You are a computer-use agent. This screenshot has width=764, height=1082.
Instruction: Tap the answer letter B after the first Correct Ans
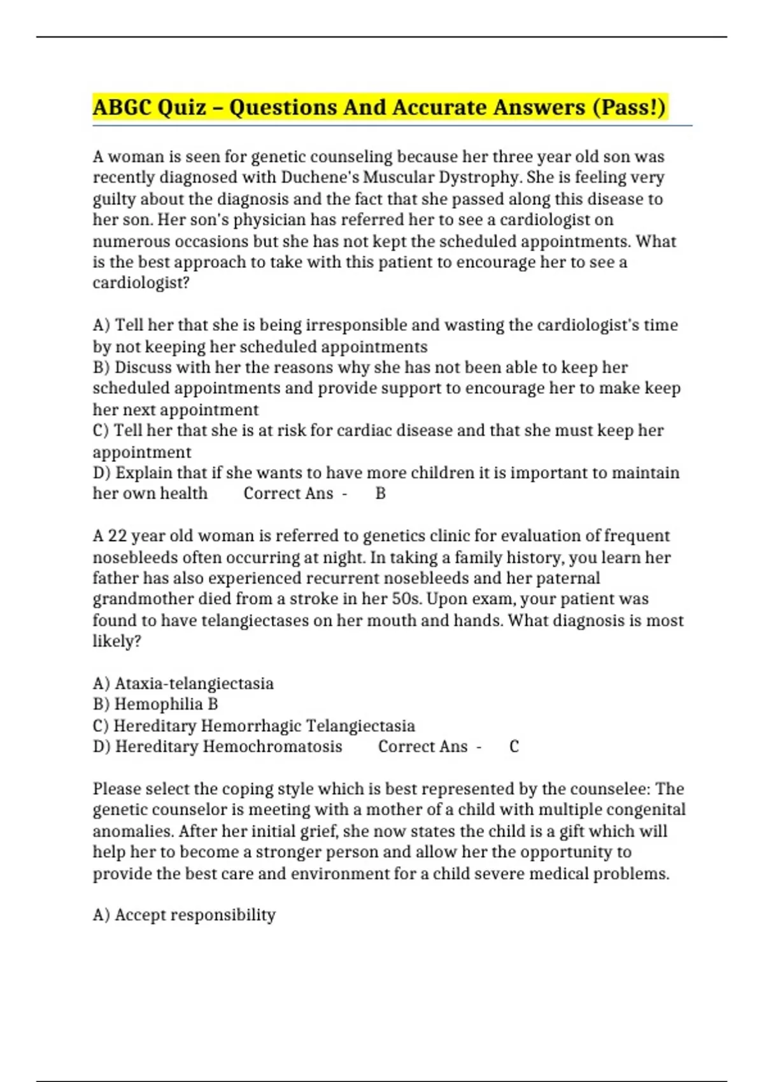coord(381,494)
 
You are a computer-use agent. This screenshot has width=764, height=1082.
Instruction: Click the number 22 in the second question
coord(117,536)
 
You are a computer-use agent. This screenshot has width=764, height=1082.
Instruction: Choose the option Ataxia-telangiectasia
coord(194,684)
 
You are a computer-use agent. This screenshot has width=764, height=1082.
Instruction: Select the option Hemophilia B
coord(166,705)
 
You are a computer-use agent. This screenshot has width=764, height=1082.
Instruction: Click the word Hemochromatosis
coord(272,747)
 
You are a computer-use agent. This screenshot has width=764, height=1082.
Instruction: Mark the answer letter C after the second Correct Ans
coord(514,747)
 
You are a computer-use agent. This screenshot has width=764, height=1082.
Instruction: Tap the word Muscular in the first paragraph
coord(396,177)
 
